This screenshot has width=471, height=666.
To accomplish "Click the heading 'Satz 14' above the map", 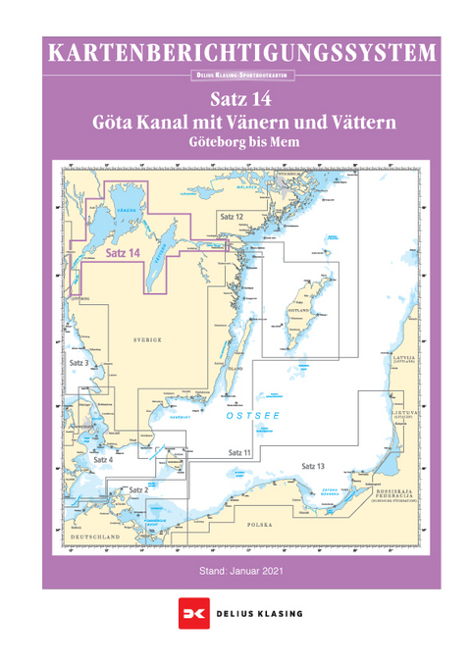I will click(x=239, y=100).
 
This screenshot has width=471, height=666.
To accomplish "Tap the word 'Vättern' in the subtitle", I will click(x=361, y=124).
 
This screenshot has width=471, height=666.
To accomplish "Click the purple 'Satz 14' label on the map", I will click(x=123, y=251).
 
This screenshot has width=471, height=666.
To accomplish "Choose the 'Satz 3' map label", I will click(x=79, y=363).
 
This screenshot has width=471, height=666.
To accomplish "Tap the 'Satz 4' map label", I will click(x=102, y=459).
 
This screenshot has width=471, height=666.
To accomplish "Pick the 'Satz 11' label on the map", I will click(x=240, y=451).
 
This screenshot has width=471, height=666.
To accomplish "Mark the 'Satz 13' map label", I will click(x=313, y=465).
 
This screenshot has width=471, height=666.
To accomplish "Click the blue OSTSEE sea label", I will click(x=253, y=416).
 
